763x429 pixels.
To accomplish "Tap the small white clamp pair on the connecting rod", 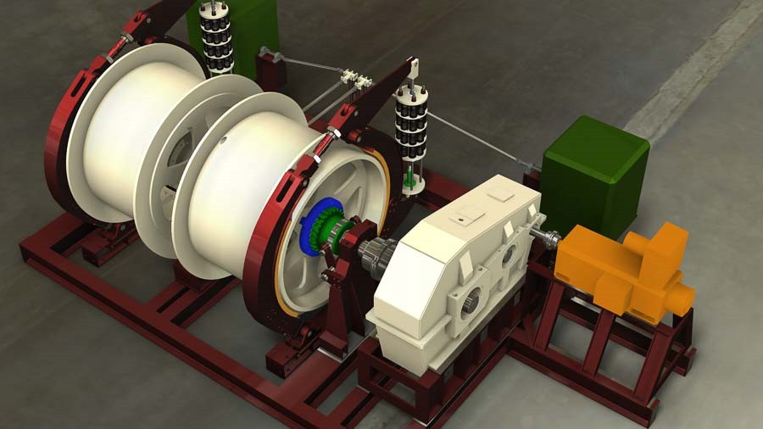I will pos(355,80).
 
